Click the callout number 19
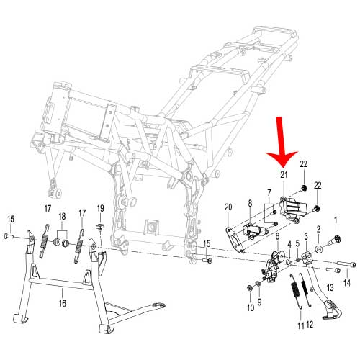tap(101, 208)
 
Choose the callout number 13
tap(331, 287)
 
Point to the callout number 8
tap(250, 204)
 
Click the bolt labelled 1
tap(335, 237)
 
